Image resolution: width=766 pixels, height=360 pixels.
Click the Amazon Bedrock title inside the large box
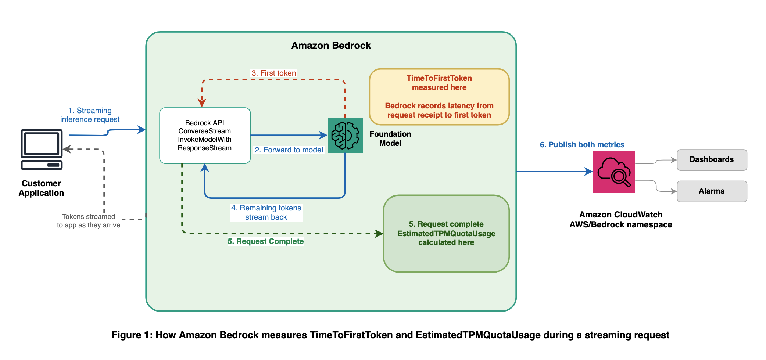point(331,46)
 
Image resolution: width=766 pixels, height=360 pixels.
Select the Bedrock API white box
point(205,135)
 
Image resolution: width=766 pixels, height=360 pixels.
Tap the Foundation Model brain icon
point(345,136)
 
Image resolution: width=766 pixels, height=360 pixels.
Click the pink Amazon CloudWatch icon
point(614,172)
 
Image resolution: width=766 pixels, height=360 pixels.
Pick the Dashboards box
point(712,160)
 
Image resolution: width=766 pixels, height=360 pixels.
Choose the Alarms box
point(712,191)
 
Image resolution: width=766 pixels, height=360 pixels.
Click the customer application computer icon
point(42,149)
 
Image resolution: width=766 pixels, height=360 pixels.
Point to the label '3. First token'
point(273,73)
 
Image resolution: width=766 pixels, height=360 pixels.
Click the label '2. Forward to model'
point(289,150)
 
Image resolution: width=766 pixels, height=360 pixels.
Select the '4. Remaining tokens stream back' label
point(266,212)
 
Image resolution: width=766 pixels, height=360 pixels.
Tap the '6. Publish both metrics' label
point(582,145)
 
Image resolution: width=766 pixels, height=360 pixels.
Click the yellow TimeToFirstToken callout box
point(439,97)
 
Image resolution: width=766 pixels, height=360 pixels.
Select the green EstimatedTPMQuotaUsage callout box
point(446,233)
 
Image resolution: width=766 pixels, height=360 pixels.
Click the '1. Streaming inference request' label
point(90,115)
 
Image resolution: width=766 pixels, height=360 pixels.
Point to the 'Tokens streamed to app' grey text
point(89,221)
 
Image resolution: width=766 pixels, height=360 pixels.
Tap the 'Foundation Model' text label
point(390,138)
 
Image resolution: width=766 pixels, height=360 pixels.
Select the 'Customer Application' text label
point(41,188)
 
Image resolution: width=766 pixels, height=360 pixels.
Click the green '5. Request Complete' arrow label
point(265,241)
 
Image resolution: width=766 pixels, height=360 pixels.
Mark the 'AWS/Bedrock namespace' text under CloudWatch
point(620,224)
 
